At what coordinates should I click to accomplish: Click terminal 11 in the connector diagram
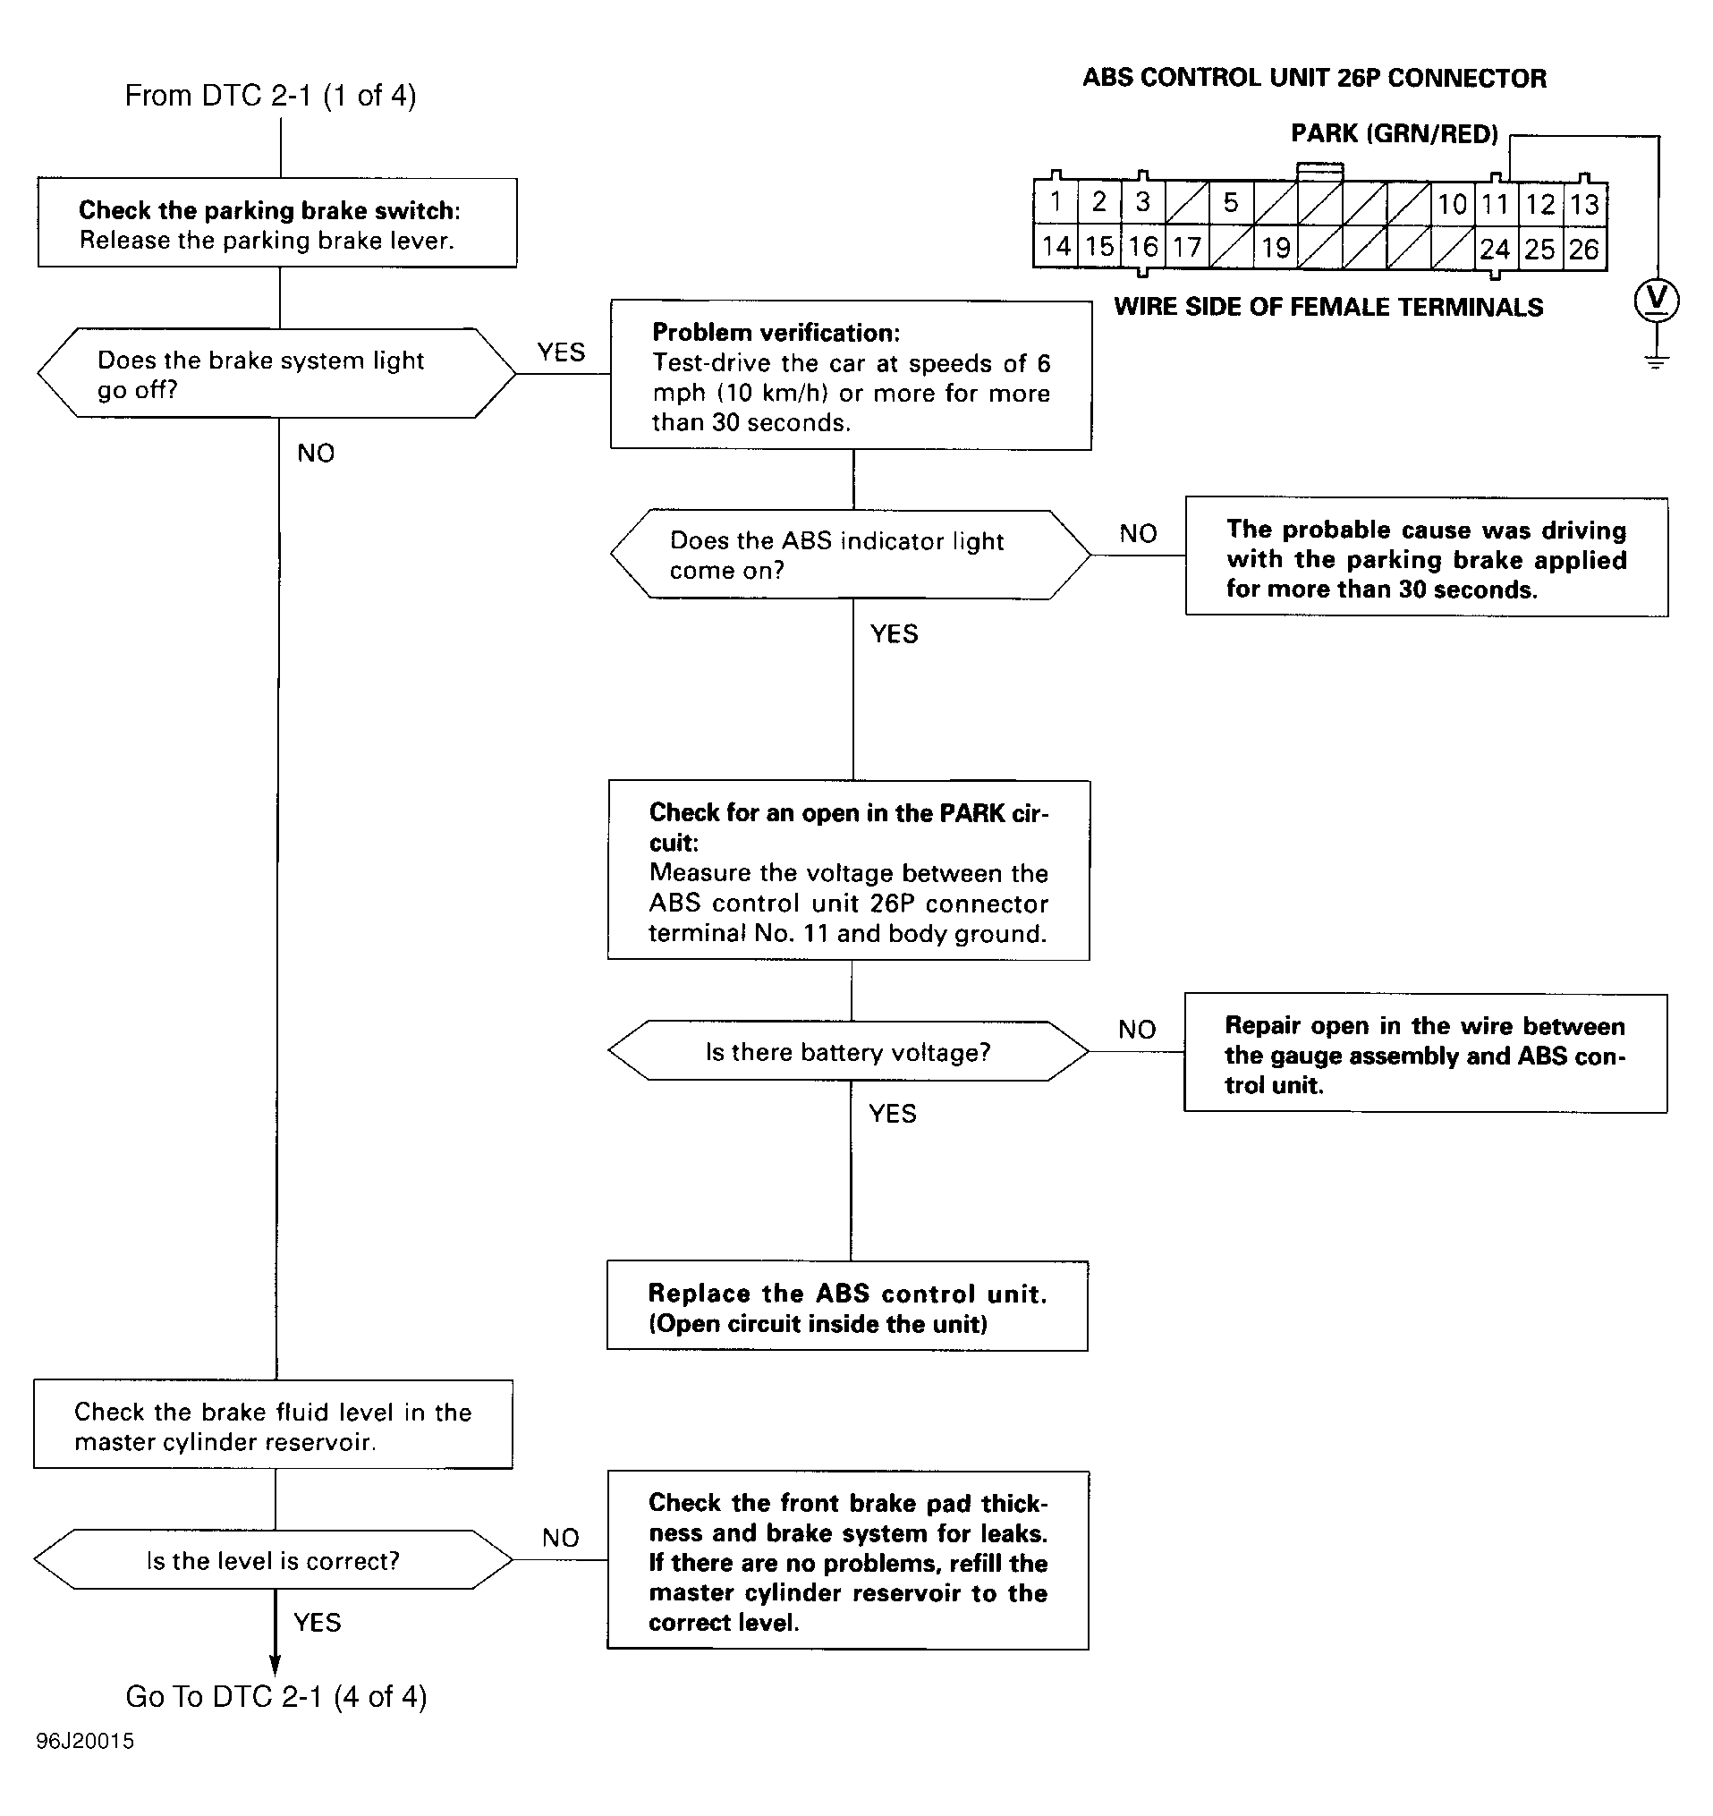point(1496,204)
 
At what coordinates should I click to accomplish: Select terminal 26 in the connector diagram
point(1584,249)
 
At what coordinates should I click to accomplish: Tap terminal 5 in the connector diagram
point(1232,203)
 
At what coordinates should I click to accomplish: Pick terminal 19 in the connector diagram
point(1276,248)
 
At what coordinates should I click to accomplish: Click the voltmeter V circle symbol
point(1657,301)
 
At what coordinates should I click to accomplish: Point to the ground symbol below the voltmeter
point(1657,361)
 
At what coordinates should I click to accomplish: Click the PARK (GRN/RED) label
point(1395,134)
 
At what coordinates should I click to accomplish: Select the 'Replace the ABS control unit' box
point(848,1306)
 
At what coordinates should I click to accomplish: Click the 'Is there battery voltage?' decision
point(849,1051)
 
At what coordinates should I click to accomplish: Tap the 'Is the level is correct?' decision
point(273,1560)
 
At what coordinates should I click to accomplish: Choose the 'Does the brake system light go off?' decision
point(276,374)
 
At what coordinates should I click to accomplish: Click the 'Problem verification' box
point(852,376)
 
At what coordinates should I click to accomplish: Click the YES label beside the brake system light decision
point(561,352)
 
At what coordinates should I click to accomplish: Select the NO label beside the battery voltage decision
point(1138,1031)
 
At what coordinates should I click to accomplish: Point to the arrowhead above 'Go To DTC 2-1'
point(275,1666)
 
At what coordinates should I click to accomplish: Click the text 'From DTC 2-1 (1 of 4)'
point(270,96)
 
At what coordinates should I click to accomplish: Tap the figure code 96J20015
point(85,1741)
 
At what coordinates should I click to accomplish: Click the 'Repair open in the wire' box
point(1425,1053)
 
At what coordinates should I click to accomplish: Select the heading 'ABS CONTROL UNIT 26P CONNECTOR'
point(1315,79)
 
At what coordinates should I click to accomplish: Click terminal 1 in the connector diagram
point(1056,202)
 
